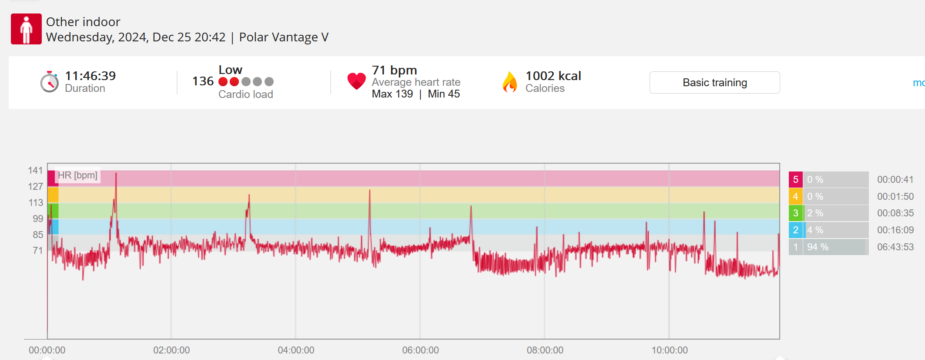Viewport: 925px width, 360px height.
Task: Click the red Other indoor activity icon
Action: (x=26, y=29)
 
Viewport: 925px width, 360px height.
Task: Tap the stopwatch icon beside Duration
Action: (x=49, y=81)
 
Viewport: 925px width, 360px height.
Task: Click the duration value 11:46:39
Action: (x=90, y=76)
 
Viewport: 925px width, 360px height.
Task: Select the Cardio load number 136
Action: (x=203, y=81)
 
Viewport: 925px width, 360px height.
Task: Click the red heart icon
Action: (x=356, y=81)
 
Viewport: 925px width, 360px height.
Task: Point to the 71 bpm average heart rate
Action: (x=394, y=70)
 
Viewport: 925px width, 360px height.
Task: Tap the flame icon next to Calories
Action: (x=509, y=82)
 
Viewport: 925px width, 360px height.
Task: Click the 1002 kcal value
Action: (x=553, y=76)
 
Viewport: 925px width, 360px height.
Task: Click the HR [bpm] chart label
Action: (x=77, y=175)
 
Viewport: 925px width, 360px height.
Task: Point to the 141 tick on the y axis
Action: (x=35, y=170)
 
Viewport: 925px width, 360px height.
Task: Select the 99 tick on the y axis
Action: (x=38, y=219)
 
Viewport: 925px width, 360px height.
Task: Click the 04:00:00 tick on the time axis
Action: (x=296, y=350)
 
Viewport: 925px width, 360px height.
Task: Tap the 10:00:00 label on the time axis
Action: (x=669, y=350)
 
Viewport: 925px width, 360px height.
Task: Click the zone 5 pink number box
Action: (x=795, y=179)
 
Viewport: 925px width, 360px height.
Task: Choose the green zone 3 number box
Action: (x=795, y=213)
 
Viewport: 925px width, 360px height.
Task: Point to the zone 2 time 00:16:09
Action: (x=895, y=230)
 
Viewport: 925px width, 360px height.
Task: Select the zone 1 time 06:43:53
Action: (x=895, y=247)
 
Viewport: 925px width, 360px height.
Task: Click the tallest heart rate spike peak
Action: (x=116, y=174)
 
